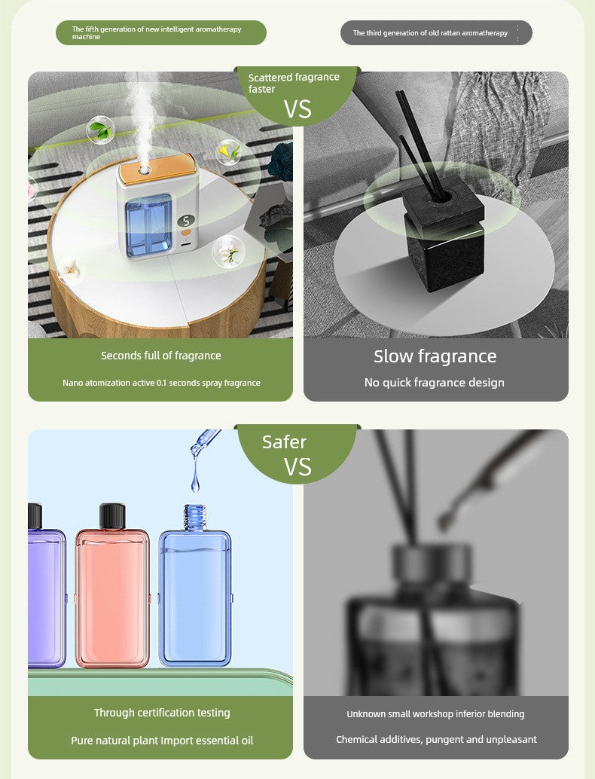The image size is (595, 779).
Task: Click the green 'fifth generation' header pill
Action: [160, 32]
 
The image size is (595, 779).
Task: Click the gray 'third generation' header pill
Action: [435, 32]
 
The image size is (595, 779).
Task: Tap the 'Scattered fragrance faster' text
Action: [293, 83]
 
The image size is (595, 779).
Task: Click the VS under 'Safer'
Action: [297, 467]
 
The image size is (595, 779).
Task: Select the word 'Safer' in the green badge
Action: [284, 442]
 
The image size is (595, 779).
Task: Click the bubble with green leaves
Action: [100, 130]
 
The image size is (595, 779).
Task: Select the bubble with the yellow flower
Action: [229, 152]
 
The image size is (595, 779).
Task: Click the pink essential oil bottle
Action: [112, 595]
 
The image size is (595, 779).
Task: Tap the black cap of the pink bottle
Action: [112, 516]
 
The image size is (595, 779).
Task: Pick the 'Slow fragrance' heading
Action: [435, 356]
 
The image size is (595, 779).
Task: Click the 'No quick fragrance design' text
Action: [435, 383]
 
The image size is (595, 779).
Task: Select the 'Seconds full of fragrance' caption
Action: [161, 356]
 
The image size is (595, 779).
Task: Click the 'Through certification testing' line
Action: [162, 713]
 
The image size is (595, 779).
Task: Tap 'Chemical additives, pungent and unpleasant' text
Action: [436, 740]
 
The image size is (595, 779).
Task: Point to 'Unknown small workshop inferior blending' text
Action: [435, 713]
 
